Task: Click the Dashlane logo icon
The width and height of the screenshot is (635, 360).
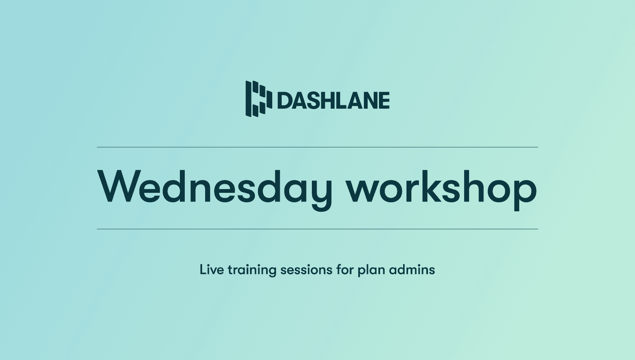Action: pos(258,98)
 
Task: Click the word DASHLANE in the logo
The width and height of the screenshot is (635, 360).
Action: pos(333,100)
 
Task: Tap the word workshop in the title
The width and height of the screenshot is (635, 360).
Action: pos(442,188)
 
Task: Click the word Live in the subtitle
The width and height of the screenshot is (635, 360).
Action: pos(212,270)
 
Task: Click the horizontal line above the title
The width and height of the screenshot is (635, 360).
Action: pos(317,147)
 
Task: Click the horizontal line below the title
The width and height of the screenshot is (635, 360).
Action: pos(317,229)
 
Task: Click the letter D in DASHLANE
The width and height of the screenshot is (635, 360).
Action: pos(285,101)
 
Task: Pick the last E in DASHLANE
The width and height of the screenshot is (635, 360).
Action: pos(383,101)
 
